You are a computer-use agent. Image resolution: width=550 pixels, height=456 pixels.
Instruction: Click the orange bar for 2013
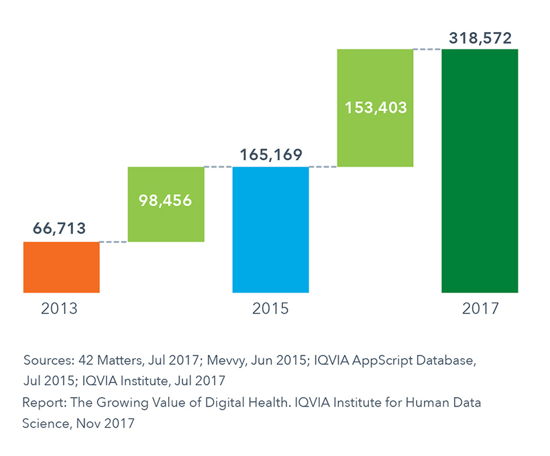61,267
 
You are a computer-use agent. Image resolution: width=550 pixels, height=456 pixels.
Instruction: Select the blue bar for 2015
270,230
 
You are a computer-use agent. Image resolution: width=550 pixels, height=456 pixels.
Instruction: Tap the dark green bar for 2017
480,171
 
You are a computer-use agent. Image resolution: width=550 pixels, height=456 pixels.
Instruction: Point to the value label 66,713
60,229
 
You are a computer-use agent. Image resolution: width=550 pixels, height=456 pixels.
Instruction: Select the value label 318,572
480,37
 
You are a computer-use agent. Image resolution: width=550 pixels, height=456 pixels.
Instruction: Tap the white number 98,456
166,200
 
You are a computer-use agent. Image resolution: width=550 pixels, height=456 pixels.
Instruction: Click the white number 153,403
375,107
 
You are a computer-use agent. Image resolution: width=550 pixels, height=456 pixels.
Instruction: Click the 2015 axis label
270,309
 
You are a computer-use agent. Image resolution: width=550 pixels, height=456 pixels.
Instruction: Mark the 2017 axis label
480,309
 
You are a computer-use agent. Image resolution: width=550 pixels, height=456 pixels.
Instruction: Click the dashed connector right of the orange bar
113,242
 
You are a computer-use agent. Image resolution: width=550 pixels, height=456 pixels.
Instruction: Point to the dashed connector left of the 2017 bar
427,49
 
